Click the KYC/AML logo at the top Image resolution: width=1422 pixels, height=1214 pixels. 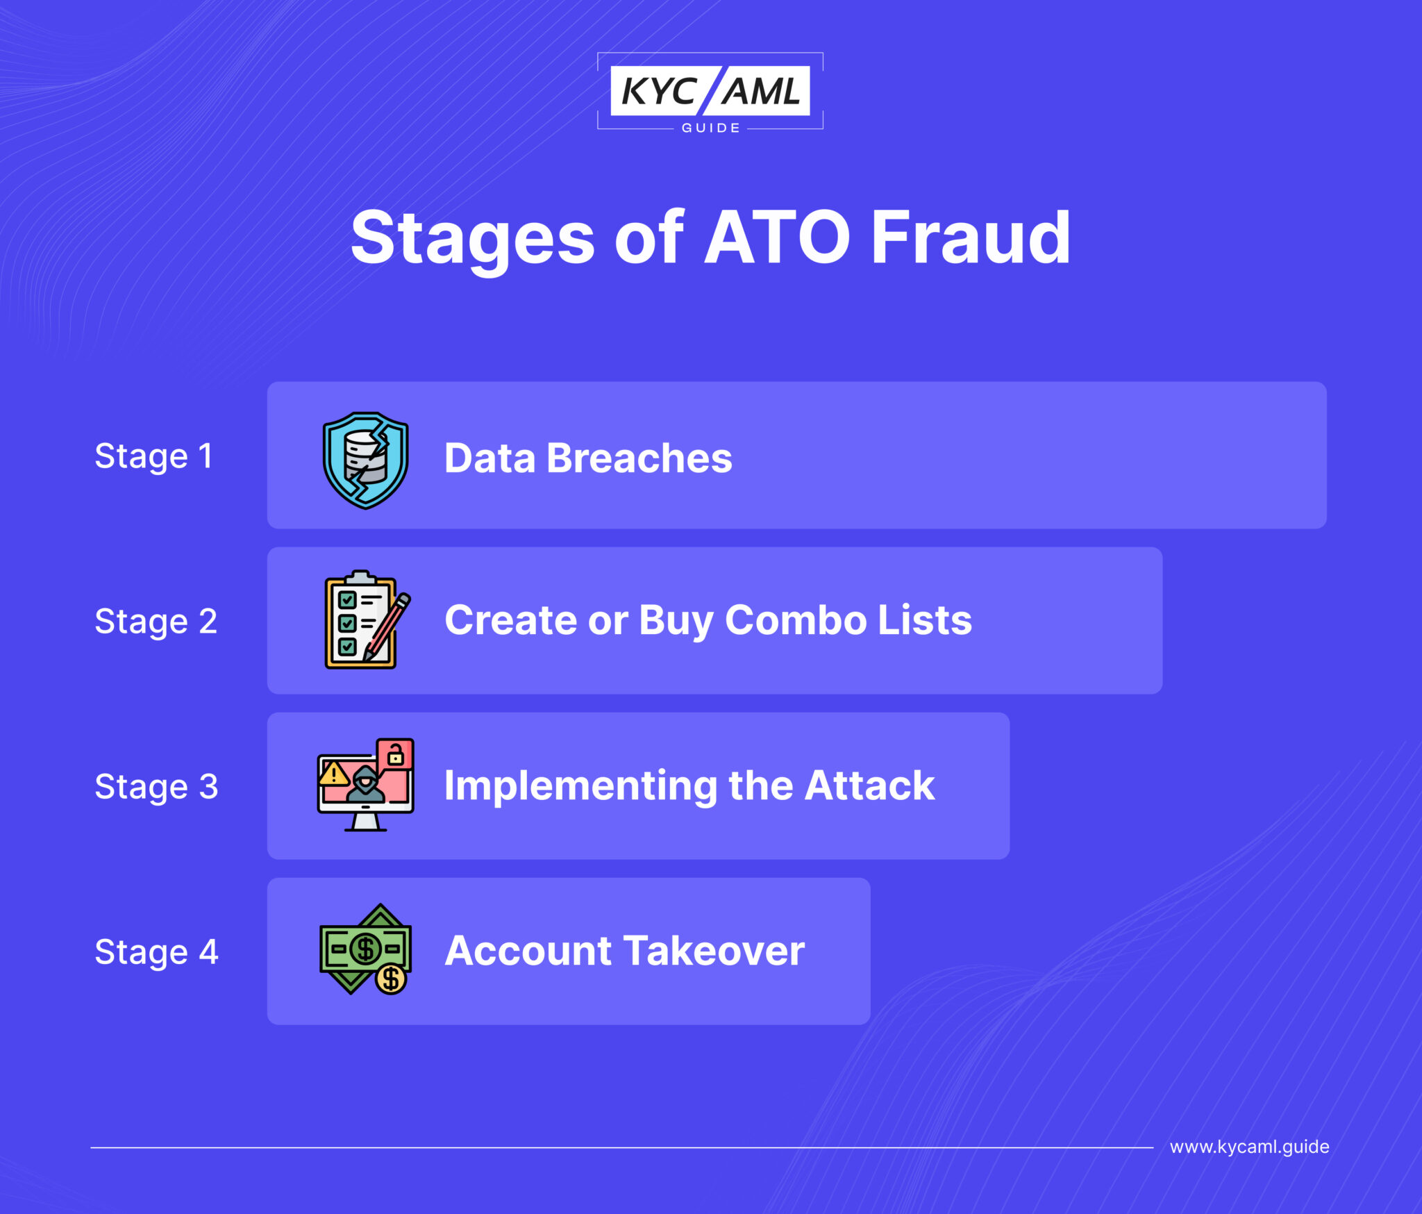click(x=710, y=90)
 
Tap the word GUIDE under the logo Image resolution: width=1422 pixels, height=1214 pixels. click(x=710, y=128)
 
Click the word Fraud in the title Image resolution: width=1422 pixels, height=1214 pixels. click(x=970, y=238)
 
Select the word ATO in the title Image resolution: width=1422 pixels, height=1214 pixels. click(x=777, y=238)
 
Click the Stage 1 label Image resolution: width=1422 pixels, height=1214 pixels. click(x=153, y=456)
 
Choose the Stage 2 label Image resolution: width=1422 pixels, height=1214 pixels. click(x=156, y=622)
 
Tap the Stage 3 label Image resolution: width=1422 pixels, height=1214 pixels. click(x=156, y=787)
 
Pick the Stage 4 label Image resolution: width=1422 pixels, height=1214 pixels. click(x=156, y=952)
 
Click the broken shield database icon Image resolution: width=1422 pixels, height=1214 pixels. click(x=365, y=460)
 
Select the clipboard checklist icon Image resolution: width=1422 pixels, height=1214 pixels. click(x=361, y=620)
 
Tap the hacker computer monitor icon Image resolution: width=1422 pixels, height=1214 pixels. click(x=365, y=785)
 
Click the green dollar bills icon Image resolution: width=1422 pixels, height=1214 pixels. click(x=364, y=947)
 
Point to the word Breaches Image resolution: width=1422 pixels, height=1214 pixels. click(x=639, y=458)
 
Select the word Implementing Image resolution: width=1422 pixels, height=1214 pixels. click(x=580, y=787)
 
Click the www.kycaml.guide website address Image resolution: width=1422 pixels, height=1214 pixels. click(x=1249, y=1147)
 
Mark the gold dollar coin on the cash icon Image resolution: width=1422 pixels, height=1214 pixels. click(x=391, y=979)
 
